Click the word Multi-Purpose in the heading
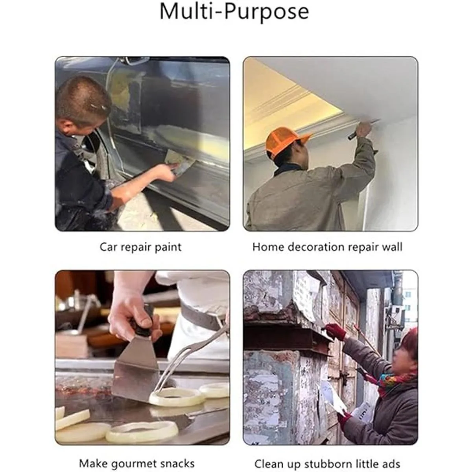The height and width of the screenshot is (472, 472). click(234, 12)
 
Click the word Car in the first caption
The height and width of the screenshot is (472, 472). click(107, 247)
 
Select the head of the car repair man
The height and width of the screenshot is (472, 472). click(83, 105)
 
